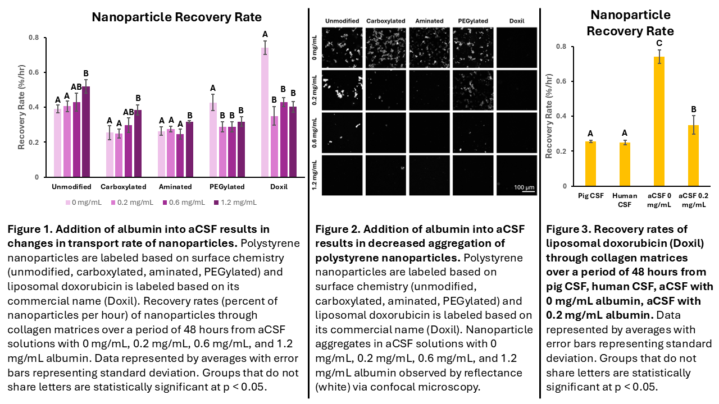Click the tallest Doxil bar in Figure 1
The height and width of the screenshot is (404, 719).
265,112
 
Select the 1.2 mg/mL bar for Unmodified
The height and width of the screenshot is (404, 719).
86,132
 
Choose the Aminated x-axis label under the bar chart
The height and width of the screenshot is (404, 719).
175,187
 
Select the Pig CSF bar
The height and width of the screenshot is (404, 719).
591,163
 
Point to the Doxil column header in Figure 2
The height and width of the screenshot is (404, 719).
516,21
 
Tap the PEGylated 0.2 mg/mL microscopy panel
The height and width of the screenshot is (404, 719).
472,90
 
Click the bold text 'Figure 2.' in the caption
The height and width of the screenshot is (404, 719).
336,229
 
